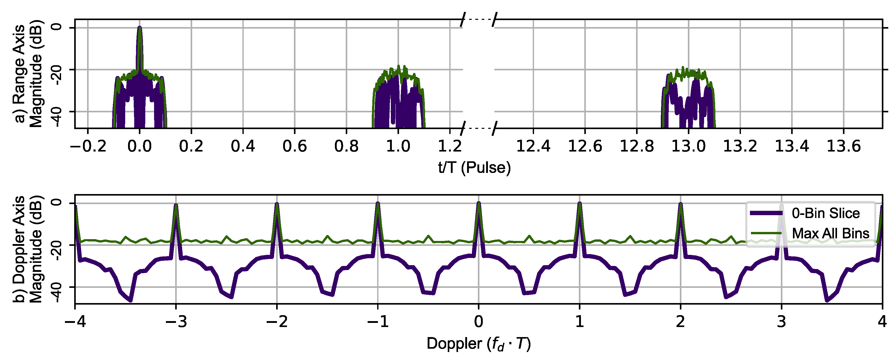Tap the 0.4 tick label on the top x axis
243,146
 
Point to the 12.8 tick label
637,146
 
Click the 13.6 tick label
843,146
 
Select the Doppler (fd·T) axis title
479,344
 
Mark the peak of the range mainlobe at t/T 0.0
139,28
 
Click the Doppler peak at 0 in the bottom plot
479,203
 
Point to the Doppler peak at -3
176,205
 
